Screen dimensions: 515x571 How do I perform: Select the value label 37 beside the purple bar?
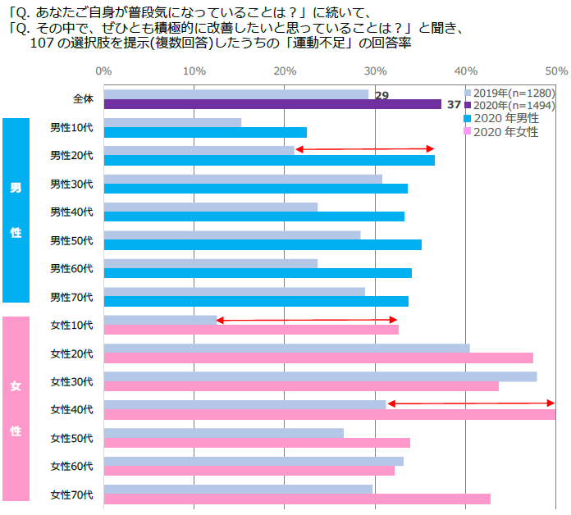tap(454, 104)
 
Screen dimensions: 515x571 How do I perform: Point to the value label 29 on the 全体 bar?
tap(381, 96)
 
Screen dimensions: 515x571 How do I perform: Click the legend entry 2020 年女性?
tap(505, 131)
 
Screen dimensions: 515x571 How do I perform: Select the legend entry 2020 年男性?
tap(505, 118)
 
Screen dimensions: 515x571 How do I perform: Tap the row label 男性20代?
tap(71, 155)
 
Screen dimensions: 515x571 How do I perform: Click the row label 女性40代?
tap(71, 409)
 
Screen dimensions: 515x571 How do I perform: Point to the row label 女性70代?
tap(71, 494)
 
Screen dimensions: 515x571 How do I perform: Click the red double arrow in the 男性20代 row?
tap(364, 149)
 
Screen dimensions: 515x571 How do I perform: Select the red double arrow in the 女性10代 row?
tap(306, 320)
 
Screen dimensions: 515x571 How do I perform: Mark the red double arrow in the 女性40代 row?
tap(471, 403)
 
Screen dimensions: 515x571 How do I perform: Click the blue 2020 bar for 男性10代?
tap(205, 132)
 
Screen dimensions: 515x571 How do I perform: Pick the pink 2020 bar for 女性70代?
tap(297, 499)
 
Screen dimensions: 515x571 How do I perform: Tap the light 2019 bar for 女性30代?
tap(320, 376)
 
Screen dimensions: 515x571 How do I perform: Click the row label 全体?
tap(83, 99)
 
